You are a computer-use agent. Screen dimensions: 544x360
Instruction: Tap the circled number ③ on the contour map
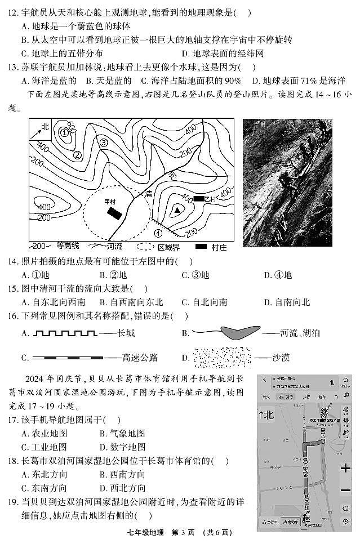coord(104,142)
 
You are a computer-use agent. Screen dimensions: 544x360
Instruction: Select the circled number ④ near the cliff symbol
coord(158,233)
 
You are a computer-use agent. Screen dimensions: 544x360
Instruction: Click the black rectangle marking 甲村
coord(115,213)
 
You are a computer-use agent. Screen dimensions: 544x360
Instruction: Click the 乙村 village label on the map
coord(210,199)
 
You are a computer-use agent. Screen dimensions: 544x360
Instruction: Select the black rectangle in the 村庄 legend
coord(201,247)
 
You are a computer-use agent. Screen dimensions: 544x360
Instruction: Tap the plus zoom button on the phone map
coord(345,469)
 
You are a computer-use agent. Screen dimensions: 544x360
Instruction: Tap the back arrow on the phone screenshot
coord(264,380)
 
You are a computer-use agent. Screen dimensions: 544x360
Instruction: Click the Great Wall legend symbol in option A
coord(65,333)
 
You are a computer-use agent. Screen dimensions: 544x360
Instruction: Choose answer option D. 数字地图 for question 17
coord(122,447)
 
